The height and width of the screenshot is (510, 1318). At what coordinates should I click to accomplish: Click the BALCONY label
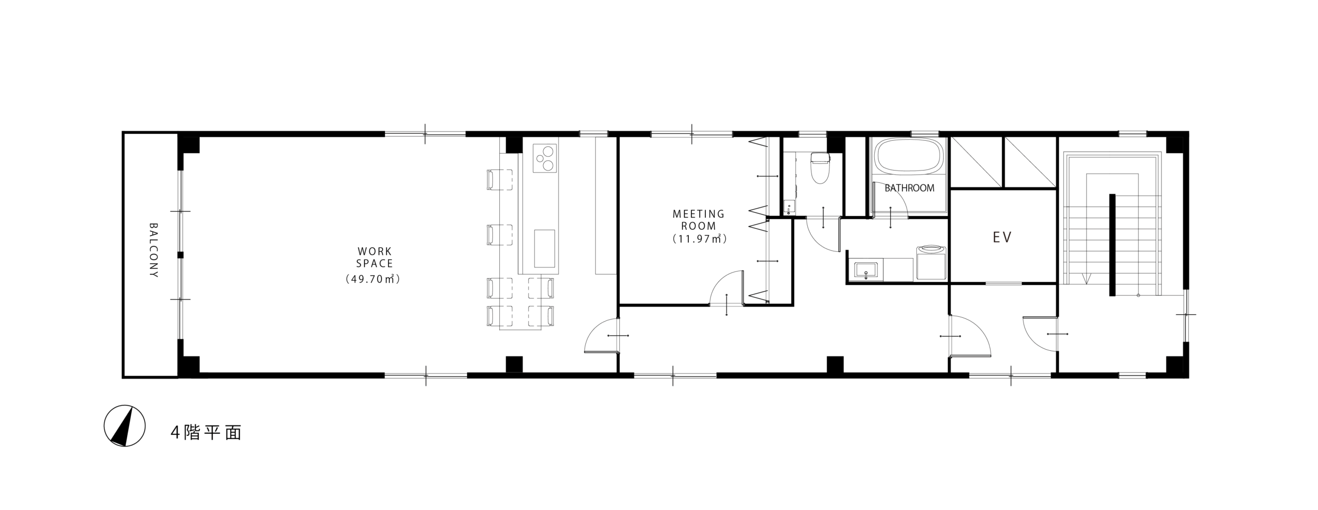point(153,250)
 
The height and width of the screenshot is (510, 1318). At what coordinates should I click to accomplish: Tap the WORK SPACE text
point(375,258)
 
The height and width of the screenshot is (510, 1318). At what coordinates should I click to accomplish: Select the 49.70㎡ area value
point(373,279)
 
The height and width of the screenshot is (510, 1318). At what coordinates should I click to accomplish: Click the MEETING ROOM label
point(698,219)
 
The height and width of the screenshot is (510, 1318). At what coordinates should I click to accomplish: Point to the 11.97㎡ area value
point(699,239)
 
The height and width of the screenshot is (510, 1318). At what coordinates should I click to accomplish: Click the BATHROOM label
point(909,188)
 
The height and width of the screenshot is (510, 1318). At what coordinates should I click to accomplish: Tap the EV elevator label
point(1002,237)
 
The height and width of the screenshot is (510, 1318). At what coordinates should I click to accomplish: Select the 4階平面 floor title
point(206,433)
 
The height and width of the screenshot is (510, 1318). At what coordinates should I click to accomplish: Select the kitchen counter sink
point(545,248)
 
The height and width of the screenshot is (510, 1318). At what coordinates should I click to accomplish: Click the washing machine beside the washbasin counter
point(932,262)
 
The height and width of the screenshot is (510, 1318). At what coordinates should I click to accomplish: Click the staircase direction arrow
point(1087,278)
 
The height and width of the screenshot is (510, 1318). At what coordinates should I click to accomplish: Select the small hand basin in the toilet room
point(789,208)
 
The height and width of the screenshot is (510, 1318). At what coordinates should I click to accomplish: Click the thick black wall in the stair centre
point(1112,245)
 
